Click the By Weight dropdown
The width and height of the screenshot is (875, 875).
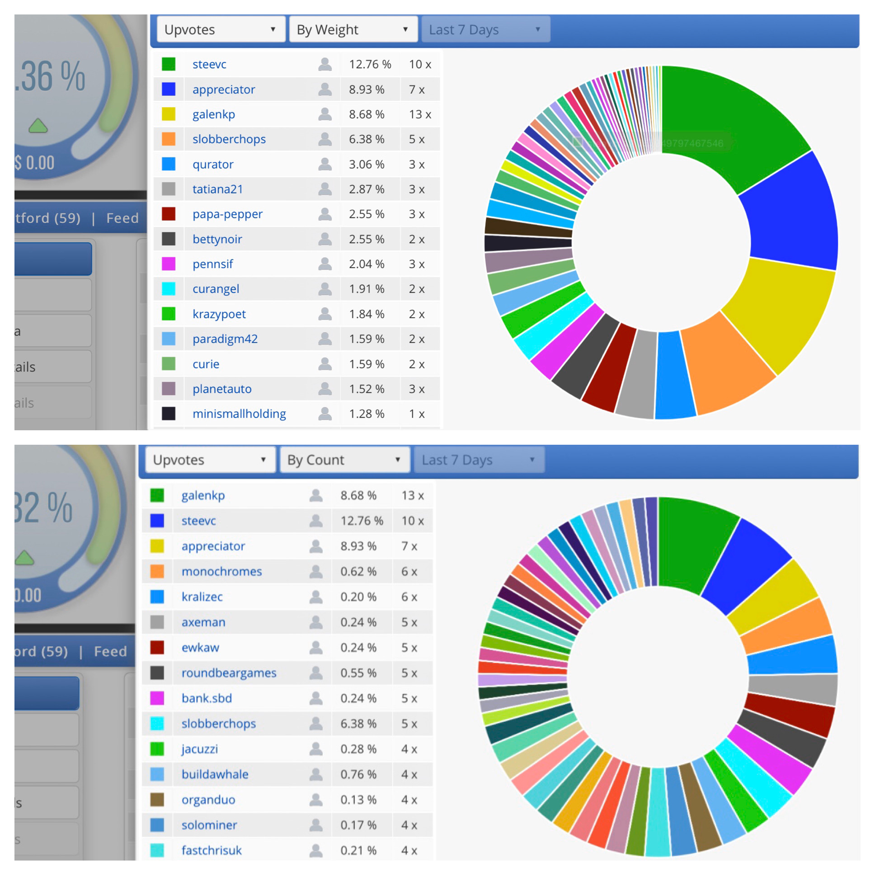[x=353, y=29]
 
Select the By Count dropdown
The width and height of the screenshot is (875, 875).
[x=344, y=460]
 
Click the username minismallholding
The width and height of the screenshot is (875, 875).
[x=239, y=414]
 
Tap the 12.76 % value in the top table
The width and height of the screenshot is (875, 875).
[x=370, y=64]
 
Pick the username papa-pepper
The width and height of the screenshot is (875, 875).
[x=227, y=214]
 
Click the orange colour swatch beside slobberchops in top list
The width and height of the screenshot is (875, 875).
[x=169, y=139]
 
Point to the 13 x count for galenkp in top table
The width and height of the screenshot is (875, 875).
[x=419, y=114]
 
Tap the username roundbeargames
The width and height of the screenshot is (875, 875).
[x=229, y=673]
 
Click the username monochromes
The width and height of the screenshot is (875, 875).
[x=221, y=571]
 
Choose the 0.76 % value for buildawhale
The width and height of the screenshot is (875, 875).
[x=358, y=774]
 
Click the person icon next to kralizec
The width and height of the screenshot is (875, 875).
[x=315, y=597]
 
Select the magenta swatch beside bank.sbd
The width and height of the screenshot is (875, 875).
[x=157, y=698]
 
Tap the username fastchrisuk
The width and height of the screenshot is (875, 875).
[x=212, y=850]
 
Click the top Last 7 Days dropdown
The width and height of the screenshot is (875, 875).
[x=485, y=29]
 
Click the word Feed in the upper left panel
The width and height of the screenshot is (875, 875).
[x=122, y=218]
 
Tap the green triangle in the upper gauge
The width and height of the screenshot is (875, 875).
[x=38, y=126]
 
